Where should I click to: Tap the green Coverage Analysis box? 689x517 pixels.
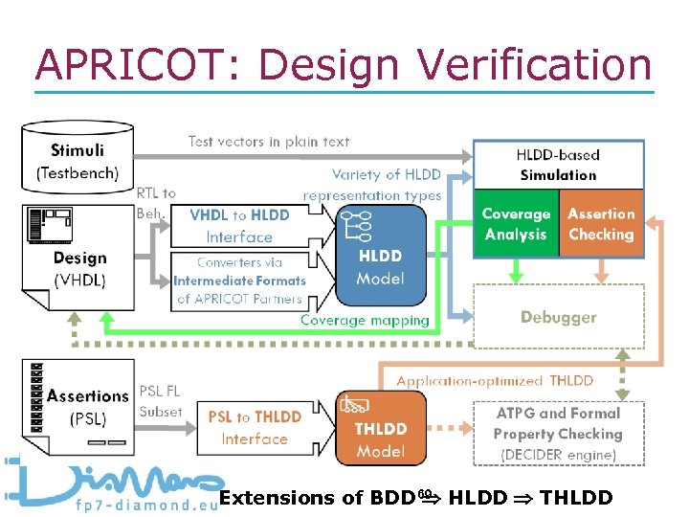(x=516, y=225)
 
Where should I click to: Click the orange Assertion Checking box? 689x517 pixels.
(x=601, y=225)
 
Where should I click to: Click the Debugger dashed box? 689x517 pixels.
(x=559, y=317)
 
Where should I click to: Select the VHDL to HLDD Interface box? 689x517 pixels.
(x=239, y=226)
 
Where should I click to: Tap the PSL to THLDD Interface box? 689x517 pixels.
(x=254, y=428)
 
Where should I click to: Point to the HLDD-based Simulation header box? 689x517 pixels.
(x=558, y=164)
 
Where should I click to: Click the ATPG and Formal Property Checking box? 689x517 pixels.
(x=558, y=433)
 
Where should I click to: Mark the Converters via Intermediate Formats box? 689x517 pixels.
(x=239, y=280)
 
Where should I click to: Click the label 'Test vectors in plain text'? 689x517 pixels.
(x=269, y=142)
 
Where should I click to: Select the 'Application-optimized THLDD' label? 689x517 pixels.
(x=495, y=380)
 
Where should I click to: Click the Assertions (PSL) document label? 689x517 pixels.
(x=87, y=405)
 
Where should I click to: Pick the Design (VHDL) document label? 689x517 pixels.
(x=79, y=268)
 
